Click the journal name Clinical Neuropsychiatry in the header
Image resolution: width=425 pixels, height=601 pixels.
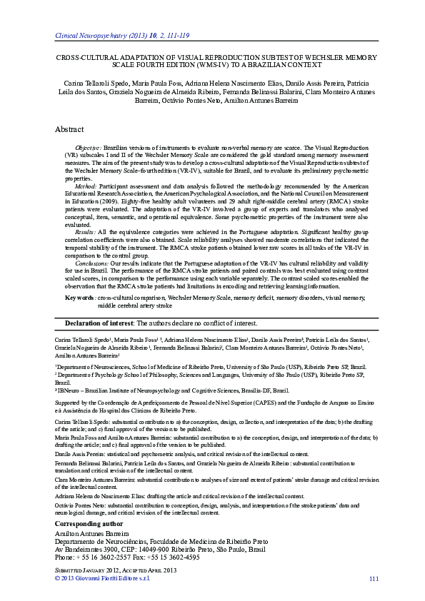point(91,34)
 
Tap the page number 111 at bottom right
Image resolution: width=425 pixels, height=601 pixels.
point(372,577)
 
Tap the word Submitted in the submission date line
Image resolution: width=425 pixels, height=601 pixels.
point(72,570)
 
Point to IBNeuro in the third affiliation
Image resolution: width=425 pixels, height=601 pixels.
point(70,390)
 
